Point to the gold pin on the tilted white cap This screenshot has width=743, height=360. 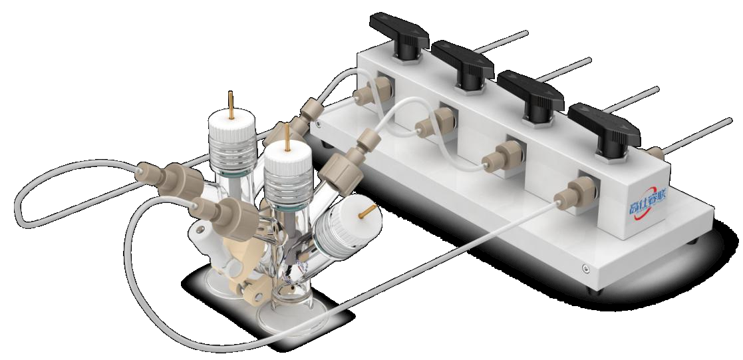tap(367, 212)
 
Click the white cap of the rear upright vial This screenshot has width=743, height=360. tap(232, 129)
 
